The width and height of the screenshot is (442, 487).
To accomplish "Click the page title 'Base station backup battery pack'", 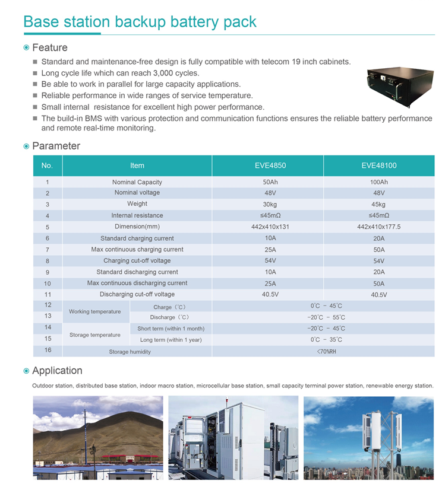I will click(x=140, y=22).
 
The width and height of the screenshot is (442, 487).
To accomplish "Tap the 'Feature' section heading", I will click(x=50, y=47).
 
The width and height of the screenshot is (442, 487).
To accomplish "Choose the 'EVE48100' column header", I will click(x=378, y=165).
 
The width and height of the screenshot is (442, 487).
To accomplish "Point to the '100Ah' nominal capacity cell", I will click(x=378, y=182).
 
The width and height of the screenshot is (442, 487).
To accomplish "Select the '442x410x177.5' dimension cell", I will click(x=378, y=227).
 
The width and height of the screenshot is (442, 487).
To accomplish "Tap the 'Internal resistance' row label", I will click(x=137, y=215).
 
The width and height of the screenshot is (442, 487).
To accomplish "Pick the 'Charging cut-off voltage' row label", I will click(x=137, y=260).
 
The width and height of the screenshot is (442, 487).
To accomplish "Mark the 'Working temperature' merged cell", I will click(x=95, y=311).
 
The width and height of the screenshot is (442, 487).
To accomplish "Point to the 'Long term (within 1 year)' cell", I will click(x=171, y=340).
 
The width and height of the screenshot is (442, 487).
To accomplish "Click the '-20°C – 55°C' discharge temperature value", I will click(x=326, y=317).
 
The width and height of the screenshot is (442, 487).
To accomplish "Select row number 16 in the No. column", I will click(x=48, y=351).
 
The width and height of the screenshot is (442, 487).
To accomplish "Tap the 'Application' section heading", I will click(x=57, y=371).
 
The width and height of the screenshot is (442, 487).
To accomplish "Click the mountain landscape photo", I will click(x=98, y=437).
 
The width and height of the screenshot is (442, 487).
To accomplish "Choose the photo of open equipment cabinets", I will click(x=233, y=437).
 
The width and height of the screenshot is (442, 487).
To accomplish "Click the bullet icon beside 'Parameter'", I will click(x=26, y=146).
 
